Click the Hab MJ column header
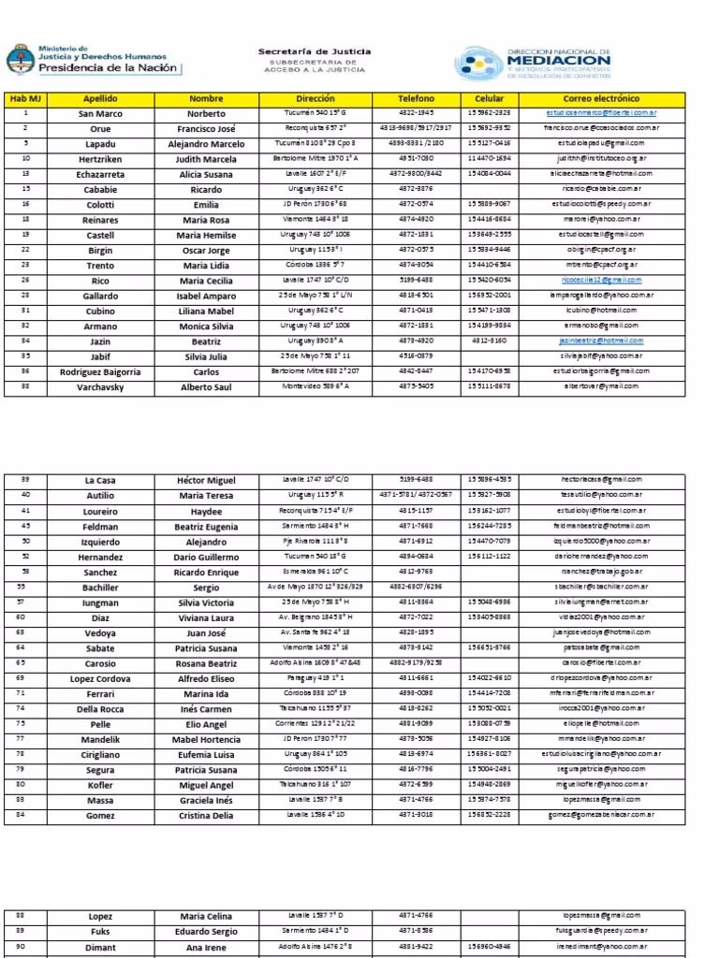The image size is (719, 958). click(25, 98)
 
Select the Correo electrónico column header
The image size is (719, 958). click(601, 98)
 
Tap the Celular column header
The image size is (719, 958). click(490, 98)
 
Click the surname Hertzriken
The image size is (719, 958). click(100, 159)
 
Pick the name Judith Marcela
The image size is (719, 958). click(207, 159)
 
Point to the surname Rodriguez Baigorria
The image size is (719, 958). click(100, 371)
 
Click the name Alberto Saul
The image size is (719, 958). click(207, 386)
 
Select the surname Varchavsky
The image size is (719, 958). click(100, 386)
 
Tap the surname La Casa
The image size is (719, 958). click(100, 480)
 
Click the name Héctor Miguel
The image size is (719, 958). click(207, 480)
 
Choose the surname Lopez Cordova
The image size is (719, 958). click(100, 678)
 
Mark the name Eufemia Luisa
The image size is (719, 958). click(207, 754)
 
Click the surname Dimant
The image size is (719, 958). click(100, 947)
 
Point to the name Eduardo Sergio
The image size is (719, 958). click(207, 932)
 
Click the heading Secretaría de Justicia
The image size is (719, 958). click(315, 51)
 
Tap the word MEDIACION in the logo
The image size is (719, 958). click(559, 60)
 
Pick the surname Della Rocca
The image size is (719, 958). click(100, 708)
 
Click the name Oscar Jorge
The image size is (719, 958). click(207, 250)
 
